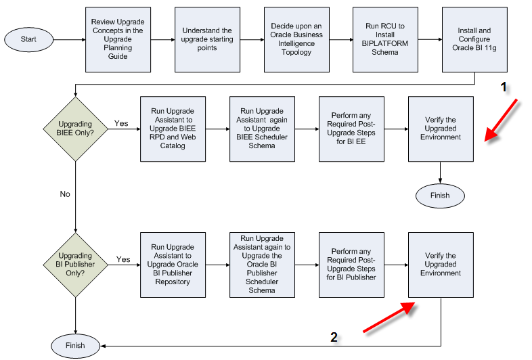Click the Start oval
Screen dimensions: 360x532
(x=28, y=39)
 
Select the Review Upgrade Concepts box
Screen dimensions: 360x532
(x=118, y=39)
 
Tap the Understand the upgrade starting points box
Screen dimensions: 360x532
(x=207, y=39)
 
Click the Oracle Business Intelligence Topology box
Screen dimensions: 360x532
(x=296, y=39)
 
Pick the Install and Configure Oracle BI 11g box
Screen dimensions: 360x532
(x=474, y=39)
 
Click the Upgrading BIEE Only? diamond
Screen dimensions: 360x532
(x=75, y=129)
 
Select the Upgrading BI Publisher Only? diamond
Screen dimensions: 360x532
(x=75, y=264)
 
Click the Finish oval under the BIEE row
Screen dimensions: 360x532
(x=441, y=196)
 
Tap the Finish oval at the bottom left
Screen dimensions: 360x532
(x=75, y=345)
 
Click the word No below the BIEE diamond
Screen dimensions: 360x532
(x=65, y=194)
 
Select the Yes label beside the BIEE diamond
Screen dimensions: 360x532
(x=121, y=124)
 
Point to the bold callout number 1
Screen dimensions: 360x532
(x=502, y=87)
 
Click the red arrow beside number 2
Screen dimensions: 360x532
(x=389, y=317)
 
